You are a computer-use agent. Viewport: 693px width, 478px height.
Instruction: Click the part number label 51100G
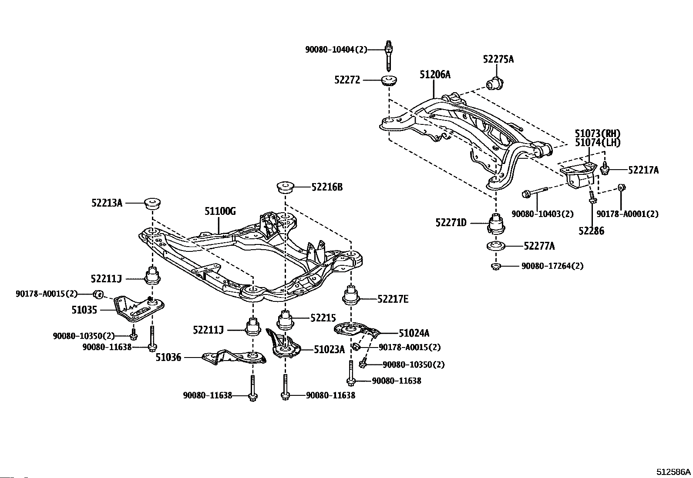220,211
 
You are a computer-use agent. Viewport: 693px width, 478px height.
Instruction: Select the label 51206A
435,74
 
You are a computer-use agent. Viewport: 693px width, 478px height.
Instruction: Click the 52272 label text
347,80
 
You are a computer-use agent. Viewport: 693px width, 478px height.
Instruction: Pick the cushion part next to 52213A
153,203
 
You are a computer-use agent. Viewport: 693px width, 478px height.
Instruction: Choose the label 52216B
327,187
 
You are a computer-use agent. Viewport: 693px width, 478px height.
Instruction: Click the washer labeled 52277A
496,246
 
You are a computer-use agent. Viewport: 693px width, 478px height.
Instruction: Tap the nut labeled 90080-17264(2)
496,266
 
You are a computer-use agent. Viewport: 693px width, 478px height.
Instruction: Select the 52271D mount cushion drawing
496,223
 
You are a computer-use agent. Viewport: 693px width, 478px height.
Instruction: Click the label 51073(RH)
598,134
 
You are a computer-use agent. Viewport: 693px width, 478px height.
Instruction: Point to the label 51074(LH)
598,143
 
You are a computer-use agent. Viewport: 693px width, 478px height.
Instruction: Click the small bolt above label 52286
592,197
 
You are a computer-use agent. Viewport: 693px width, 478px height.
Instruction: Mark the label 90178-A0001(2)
627,214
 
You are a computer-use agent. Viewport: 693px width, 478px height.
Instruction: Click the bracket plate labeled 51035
139,309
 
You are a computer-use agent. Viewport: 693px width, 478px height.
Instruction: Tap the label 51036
168,358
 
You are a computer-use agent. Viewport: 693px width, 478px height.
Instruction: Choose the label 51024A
414,333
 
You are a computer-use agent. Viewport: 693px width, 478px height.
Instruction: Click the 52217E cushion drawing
351,294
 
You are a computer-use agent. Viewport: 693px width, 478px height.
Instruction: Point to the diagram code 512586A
673,472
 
